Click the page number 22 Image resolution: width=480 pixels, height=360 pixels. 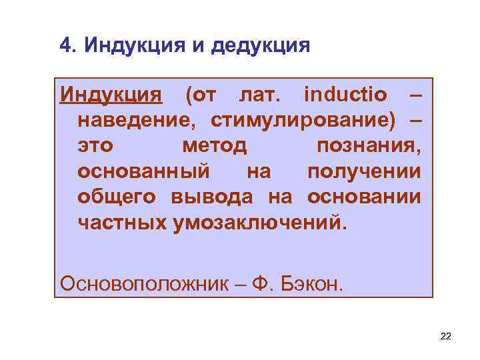pos(446,337)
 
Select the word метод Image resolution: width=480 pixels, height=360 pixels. pos(213,147)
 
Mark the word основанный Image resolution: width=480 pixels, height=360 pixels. pos(143,172)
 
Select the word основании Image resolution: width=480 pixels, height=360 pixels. pos(363,197)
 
